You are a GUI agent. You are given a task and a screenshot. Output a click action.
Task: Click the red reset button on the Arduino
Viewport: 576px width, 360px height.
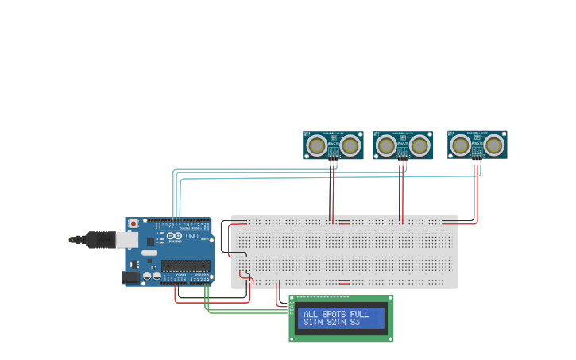(x=133, y=224)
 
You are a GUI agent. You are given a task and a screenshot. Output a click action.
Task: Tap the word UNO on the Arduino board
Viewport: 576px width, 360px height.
(x=191, y=236)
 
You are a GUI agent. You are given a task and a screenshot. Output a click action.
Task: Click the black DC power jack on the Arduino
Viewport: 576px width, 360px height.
(x=129, y=277)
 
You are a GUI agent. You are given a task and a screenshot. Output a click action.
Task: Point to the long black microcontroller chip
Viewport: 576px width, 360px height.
(x=186, y=265)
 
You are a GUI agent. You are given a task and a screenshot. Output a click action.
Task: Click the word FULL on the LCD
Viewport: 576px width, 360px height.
(x=359, y=314)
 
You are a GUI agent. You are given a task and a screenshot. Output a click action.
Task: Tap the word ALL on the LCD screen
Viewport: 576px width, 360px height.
(x=311, y=314)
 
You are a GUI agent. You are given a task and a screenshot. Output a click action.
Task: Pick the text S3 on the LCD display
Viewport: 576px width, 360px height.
(x=355, y=323)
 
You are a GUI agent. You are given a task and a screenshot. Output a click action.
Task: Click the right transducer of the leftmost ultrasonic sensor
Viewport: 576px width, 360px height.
(x=350, y=145)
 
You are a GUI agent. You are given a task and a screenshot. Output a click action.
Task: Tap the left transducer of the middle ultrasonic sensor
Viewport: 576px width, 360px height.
(x=386, y=145)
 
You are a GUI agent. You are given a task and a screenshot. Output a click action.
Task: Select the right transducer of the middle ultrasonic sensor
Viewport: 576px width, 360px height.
(x=419, y=145)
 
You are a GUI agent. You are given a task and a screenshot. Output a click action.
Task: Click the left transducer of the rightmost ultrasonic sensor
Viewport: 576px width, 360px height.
(x=460, y=145)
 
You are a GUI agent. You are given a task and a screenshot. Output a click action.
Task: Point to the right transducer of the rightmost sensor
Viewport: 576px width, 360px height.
(x=493, y=145)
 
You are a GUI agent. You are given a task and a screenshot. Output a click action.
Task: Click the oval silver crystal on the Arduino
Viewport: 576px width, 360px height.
(x=149, y=254)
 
